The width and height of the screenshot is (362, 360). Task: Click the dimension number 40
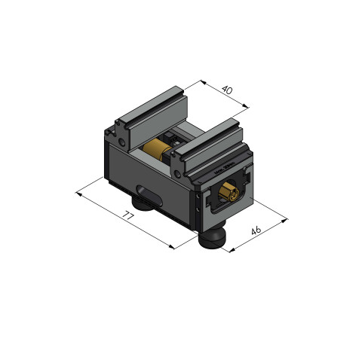pos(225,90)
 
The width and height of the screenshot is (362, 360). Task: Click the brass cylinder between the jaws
pos(157,150)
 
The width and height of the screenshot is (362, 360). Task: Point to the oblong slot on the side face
pos(149,195)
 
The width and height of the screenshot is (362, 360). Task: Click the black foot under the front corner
pos(214,239)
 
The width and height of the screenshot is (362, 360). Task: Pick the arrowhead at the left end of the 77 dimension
pos(78,195)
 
